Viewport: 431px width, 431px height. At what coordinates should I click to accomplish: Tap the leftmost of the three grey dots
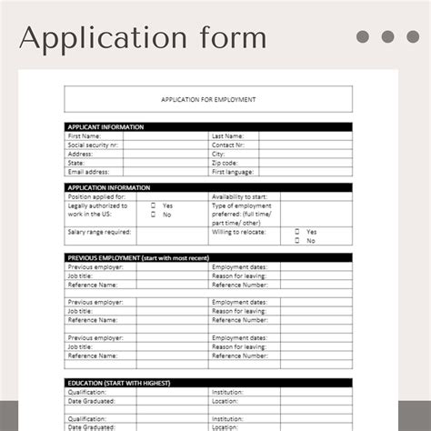(x=364, y=37)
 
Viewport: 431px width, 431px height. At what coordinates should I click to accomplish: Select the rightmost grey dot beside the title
(x=413, y=37)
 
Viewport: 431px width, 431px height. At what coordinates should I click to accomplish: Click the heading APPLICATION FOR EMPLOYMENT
(x=208, y=99)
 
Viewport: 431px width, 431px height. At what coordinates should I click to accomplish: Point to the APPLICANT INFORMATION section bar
(x=208, y=127)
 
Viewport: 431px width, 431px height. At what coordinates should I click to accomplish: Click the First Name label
(x=85, y=135)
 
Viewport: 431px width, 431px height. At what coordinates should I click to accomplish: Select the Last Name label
(x=227, y=135)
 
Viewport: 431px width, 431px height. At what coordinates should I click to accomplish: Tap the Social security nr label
(x=94, y=145)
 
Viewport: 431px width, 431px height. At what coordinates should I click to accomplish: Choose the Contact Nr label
(x=228, y=145)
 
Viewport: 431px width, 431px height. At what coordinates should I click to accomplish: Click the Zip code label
(x=225, y=163)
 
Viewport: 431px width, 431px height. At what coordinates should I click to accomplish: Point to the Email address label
(x=88, y=171)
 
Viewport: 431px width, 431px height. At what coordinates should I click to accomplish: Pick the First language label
(x=233, y=171)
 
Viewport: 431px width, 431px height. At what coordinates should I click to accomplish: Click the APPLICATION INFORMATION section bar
(x=208, y=187)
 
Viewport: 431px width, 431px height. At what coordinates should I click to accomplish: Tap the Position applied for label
(x=97, y=196)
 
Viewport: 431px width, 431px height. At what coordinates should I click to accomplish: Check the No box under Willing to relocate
(x=296, y=241)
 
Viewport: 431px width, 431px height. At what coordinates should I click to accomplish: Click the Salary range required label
(x=100, y=232)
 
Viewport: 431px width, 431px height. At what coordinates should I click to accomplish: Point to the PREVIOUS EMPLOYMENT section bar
(x=208, y=258)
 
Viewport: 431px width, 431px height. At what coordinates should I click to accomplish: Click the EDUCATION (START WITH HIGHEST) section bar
(x=208, y=383)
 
